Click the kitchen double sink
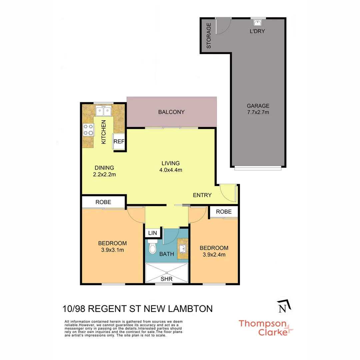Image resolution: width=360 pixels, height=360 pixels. pos(103,110)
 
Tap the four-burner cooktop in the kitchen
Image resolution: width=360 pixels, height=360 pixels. pos(88,130)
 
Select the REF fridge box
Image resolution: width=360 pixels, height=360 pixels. pos(119,141)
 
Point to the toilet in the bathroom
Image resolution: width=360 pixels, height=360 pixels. pos(152,248)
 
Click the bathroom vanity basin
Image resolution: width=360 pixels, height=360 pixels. pos(182,248)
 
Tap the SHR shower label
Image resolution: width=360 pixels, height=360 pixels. pos(167,279)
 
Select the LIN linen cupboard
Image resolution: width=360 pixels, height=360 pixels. pos(153,233)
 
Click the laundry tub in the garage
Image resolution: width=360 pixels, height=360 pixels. pos(257,23)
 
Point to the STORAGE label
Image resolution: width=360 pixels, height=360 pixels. pos(209,36)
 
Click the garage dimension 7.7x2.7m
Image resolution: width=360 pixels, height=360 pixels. pos(258,112)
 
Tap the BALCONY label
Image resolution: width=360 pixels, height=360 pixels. pos(171,112)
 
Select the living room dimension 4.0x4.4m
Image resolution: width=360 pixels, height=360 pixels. pos(171,170)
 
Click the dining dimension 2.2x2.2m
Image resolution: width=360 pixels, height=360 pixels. pos(104,174)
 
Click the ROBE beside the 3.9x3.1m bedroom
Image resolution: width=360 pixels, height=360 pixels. pos(103,202)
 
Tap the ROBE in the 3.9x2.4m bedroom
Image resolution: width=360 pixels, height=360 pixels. pos(224,212)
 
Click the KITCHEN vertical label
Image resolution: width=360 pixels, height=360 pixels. pos(104,132)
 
